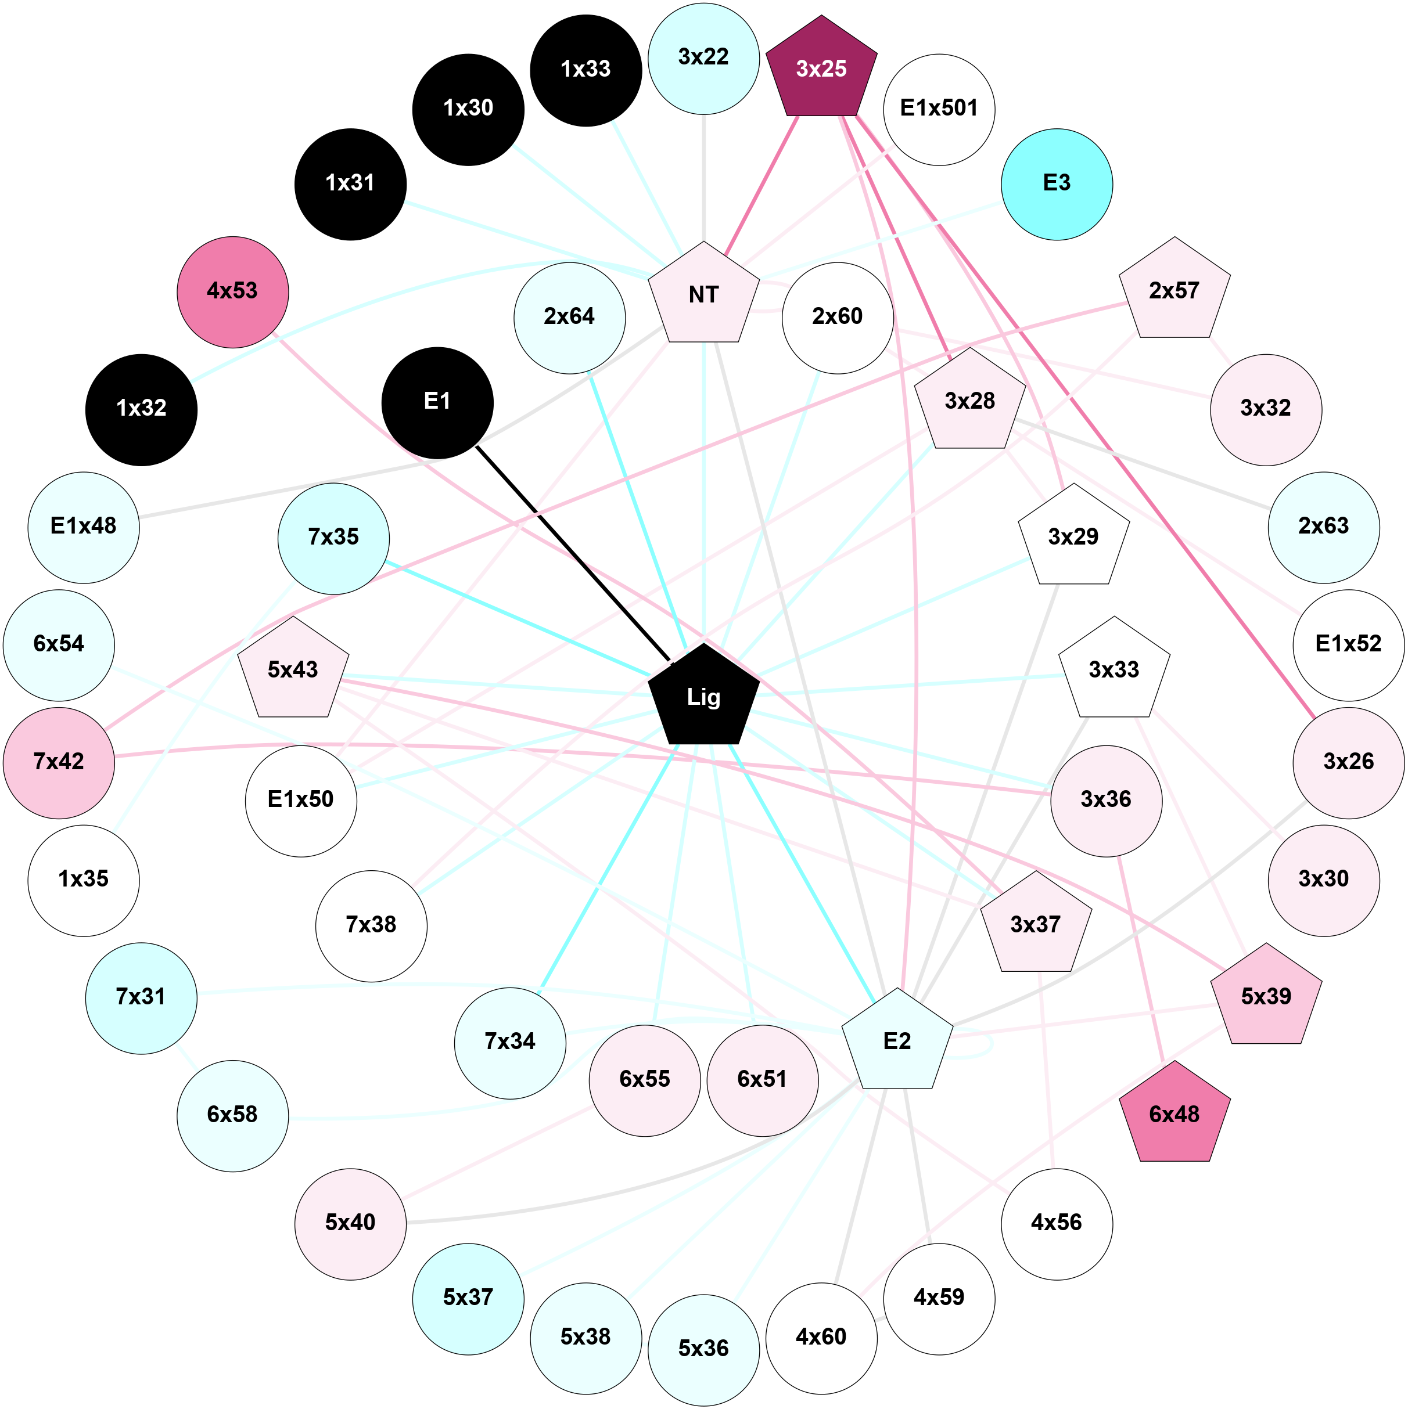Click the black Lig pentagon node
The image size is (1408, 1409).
coord(703,697)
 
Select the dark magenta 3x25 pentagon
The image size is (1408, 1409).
coord(821,69)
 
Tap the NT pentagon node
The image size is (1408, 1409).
coord(703,295)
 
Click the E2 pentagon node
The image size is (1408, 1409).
coord(897,1041)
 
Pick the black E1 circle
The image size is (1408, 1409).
coord(437,402)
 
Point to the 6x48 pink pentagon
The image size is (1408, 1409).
coord(1174,1114)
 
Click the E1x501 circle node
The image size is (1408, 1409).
coord(939,109)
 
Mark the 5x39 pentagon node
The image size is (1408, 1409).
coord(1266,996)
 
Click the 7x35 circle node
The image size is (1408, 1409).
coord(333,538)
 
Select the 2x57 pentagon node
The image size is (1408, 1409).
coord(1174,290)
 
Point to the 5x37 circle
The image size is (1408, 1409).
coord(468,1299)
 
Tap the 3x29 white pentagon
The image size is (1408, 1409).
coord(1073,538)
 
